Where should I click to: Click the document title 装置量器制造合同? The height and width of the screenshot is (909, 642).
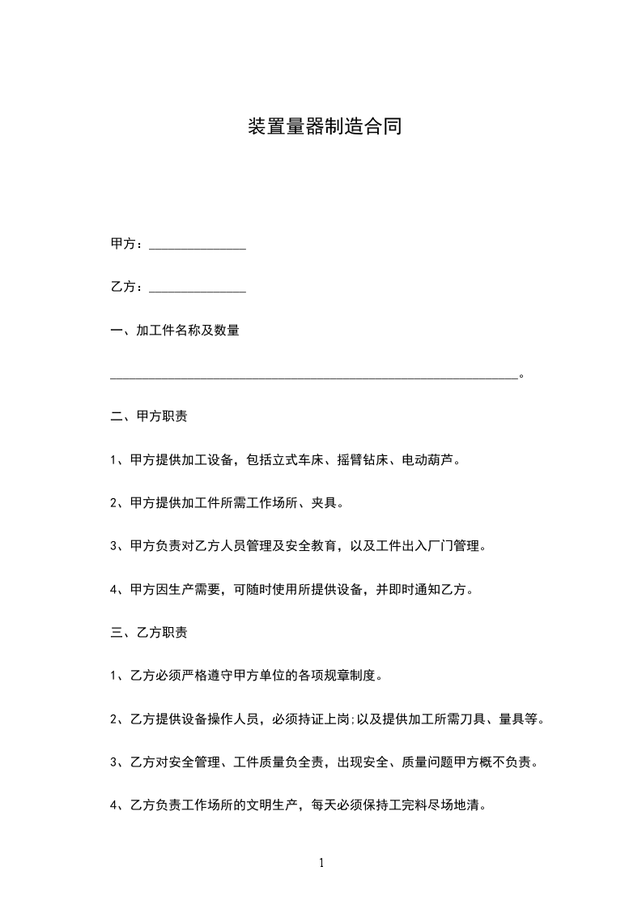[x=324, y=127]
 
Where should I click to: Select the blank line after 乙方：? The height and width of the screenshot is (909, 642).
[x=198, y=289]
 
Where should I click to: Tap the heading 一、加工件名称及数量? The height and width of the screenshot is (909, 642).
[x=174, y=331]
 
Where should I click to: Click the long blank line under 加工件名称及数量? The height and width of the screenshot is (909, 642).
[x=313, y=376]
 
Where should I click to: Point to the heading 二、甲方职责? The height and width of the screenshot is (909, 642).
[x=148, y=417]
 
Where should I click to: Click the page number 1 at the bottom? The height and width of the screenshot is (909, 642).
[x=321, y=864]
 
